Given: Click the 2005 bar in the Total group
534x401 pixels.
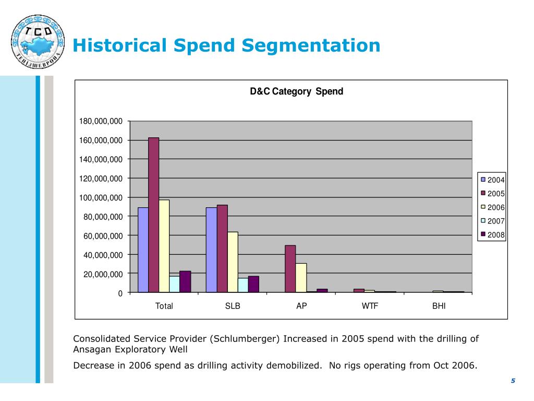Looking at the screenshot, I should point(153,215).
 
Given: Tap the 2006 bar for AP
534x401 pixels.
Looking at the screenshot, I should point(301,278).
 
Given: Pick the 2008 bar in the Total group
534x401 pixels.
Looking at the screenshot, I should point(185,281).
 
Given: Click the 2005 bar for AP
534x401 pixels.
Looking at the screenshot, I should point(290,269).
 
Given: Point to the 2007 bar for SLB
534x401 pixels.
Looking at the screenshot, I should point(243,285).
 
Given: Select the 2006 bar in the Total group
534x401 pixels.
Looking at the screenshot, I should point(164,246).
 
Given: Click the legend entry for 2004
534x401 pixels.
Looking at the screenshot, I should point(492,180).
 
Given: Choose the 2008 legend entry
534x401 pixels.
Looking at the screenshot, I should point(492,235).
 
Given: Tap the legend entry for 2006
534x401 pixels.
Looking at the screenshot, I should point(492,207).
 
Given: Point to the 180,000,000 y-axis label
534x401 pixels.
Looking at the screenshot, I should point(101,121).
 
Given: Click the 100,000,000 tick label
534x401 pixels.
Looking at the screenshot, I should point(101,197).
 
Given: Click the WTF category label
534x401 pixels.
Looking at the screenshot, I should point(370,306).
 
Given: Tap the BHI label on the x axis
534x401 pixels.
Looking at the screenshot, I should point(439,306).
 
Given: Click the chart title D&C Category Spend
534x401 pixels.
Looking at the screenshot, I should point(296,91).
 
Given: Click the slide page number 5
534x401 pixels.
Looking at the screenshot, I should point(513,381).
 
